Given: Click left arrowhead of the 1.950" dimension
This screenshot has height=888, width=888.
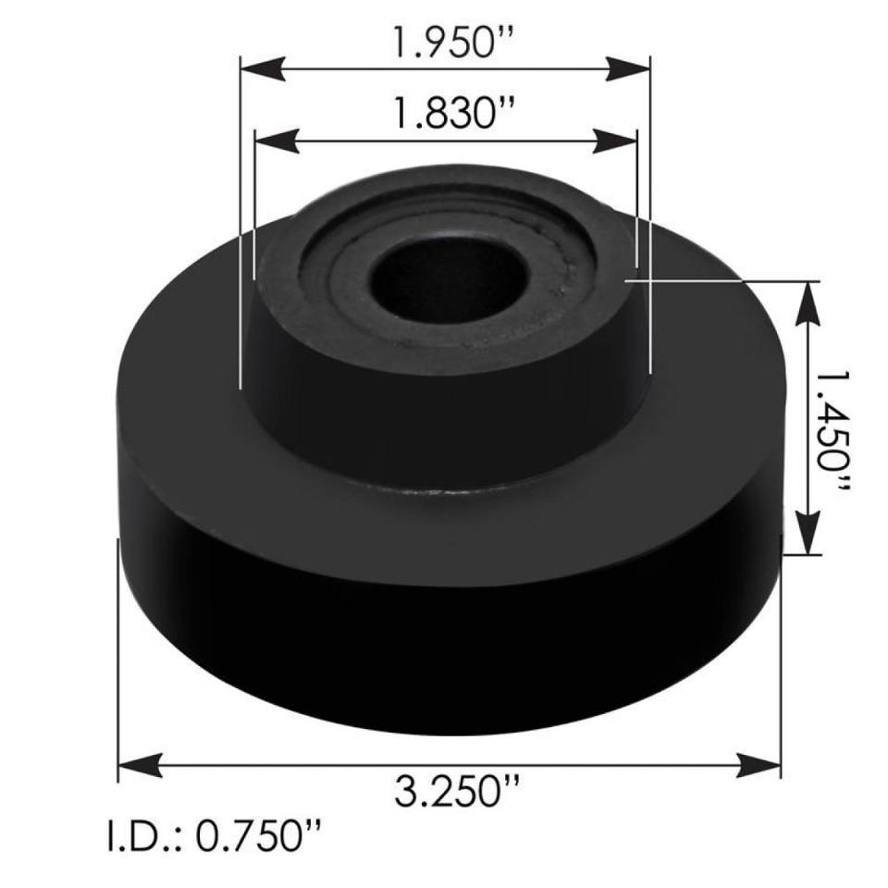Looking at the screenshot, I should click(x=261, y=68).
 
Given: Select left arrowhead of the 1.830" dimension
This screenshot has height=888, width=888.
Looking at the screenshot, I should click(x=274, y=140).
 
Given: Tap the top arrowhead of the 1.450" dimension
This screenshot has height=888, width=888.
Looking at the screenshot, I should click(x=808, y=299).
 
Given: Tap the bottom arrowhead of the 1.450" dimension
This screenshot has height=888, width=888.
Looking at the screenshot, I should click(x=808, y=536).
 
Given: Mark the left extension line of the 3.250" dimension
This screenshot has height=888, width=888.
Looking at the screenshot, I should click(x=118, y=666).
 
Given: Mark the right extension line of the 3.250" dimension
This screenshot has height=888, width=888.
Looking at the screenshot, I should click(x=783, y=666).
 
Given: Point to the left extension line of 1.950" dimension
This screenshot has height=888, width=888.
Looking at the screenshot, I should click(x=240, y=231).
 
